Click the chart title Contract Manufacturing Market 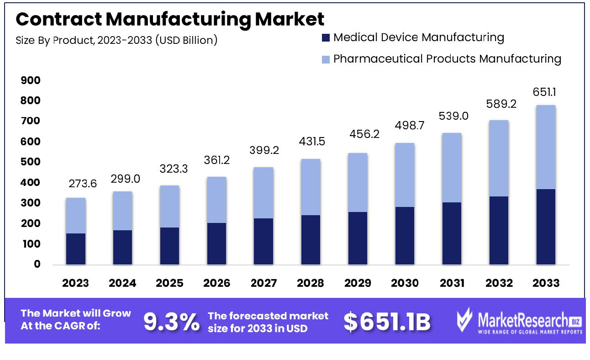(x=170, y=20)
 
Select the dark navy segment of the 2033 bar (x=546, y=227)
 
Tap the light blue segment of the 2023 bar (x=76, y=216)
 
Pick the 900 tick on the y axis (x=31, y=80)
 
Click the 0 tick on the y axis (x=37, y=264)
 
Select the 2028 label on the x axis (x=311, y=283)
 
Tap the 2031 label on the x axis (x=452, y=283)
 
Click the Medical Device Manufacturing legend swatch (x=326, y=38)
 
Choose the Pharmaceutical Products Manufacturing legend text (x=447, y=58)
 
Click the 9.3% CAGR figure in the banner (x=172, y=322)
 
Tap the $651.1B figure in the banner (x=387, y=322)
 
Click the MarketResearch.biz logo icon (x=465, y=319)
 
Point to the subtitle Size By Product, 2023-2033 (x=116, y=40)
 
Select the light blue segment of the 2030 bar (x=405, y=175)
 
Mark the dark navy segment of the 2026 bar (x=216, y=244)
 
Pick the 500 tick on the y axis (x=31, y=162)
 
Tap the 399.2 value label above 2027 (x=263, y=150)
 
